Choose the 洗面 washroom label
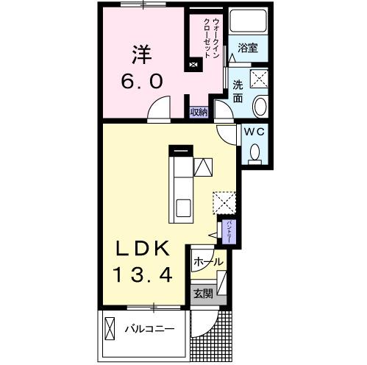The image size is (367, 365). pos(238,90)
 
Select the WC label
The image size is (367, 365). pos(254,132)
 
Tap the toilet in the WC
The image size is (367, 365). pos(255,152)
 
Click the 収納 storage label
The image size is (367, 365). pos(199,112)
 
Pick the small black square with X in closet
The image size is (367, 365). pos(193,65)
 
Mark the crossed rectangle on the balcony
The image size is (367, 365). pos(110,327)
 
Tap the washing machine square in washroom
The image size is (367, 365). pos(259,79)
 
